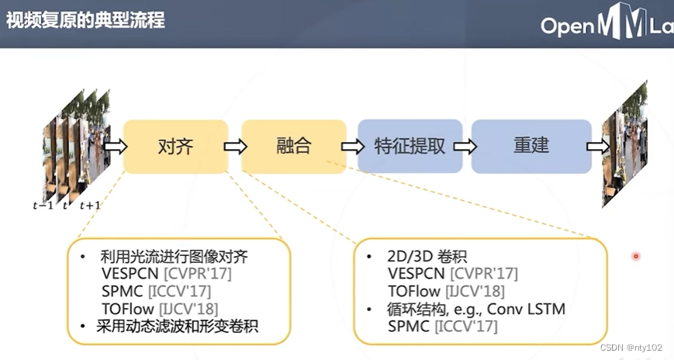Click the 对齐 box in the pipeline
pyautogui.click(x=175, y=146)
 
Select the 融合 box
pyautogui.click(x=293, y=146)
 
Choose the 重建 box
pyautogui.click(x=531, y=146)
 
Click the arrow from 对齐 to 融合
pyautogui.click(x=234, y=146)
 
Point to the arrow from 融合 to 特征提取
pyautogui.click(x=351, y=146)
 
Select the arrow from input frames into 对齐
pyautogui.click(x=115, y=146)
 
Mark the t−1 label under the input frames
pyautogui.click(x=43, y=206)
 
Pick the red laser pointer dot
pyautogui.click(x=636, y=256)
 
